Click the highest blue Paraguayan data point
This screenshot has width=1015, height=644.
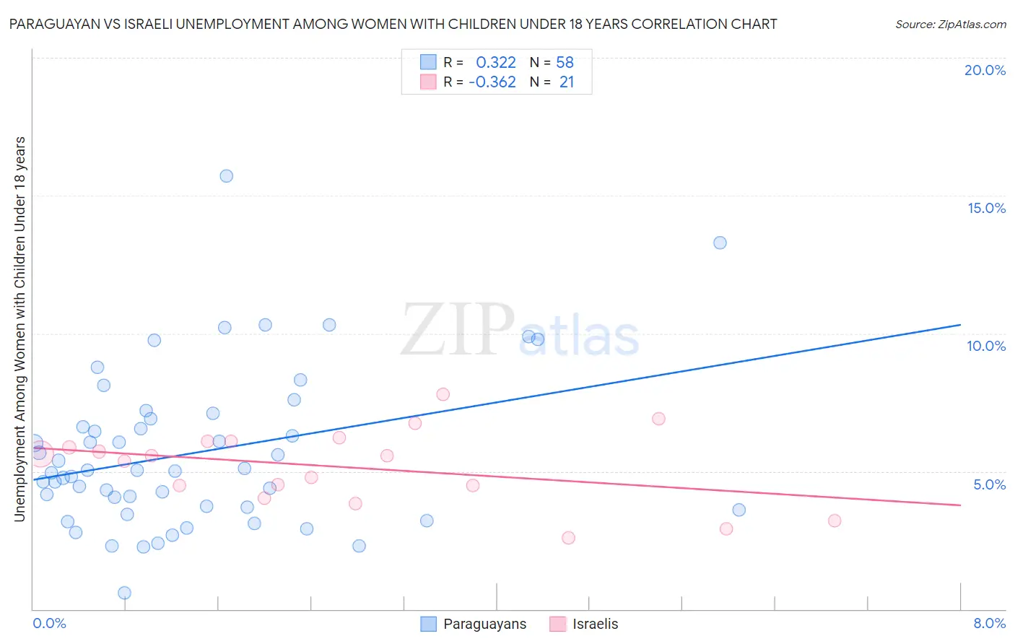click(226, 175)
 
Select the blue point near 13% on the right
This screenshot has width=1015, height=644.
click(720, 243)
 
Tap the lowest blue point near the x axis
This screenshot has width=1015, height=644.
click(124, 593)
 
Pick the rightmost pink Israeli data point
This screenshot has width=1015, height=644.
click(835, 521)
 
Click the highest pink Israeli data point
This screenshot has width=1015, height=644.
click(443, 394)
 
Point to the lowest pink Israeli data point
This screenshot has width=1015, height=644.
click(568, 538)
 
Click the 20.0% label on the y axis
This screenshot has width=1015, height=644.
click(985, 70)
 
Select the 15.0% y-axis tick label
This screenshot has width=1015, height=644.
click(986, 208)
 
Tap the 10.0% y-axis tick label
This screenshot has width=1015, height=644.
click(986, 346)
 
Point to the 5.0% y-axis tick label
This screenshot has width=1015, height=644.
click(989, 484)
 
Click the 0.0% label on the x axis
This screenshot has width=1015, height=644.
click(49, 623)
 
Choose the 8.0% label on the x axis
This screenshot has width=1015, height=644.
click(989, 623)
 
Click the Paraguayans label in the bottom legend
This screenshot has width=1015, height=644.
click(484, 624)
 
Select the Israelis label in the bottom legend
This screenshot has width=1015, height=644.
click(595, 624)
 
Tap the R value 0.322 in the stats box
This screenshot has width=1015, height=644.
click(496, 62)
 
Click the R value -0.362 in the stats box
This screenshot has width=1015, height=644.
click(492, 82)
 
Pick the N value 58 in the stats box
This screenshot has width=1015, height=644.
click(565, 62)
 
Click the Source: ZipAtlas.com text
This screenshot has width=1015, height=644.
click(950, 24)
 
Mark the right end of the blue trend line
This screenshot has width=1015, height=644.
click(960, 325)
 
